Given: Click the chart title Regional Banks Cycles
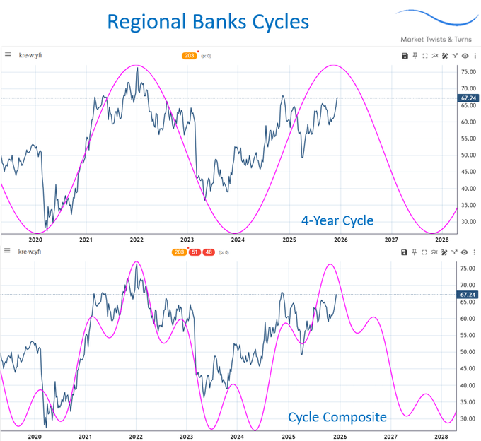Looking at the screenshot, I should [x=208, y=20].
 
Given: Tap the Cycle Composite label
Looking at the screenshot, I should [x=337, y=418].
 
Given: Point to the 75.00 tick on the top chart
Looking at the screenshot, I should [x=467, y=72].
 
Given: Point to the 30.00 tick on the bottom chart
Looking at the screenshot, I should [x=467, y=418].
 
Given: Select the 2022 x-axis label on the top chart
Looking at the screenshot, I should [x=136, y=240].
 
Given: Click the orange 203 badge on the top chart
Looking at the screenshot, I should [x=189, y=55].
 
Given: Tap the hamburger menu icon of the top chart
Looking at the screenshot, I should [x=7, y=54].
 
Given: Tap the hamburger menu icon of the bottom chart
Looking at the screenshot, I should [x=7, y=252].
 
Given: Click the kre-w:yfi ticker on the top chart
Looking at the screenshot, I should [x=30, y=54].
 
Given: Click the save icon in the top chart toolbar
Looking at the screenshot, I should [x=404, y=55].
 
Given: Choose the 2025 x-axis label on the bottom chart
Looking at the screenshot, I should [x=289, y=437].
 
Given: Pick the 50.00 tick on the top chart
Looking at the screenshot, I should [x=467, y=155].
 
